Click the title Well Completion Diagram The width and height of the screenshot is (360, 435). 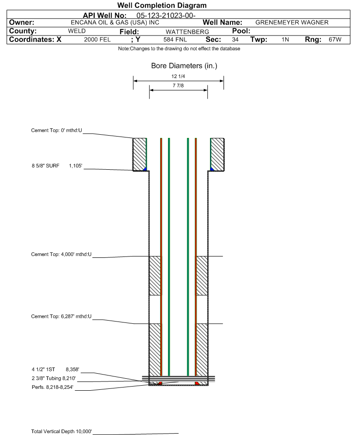pyautogui.click(x=162, y=6)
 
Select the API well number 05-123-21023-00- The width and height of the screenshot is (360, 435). pyautogui.click(x=162, y=15)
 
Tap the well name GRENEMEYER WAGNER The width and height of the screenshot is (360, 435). pyautogui.click(x=292, y=23)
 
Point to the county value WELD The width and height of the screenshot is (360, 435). pyautogui.click(x=77, y=31)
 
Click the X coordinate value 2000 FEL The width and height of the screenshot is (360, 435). pyautogui.click(x=97, y=40)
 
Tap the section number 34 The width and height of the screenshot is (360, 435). pyautogui.click(x=235, y=40)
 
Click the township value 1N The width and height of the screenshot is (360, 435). pyautogui.click(x=285, y=40)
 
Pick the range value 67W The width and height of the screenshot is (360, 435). pyautogui.click(x=335, y=40)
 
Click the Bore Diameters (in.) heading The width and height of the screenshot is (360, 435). pyautogui.click(x=184, y=66)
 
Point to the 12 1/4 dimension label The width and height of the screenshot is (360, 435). pyautogui.click(x=178, y=77)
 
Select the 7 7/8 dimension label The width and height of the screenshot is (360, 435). pyautogui.click(x=178, y=86)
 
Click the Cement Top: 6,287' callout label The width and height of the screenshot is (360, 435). pyautogui.click(x=61, y=316)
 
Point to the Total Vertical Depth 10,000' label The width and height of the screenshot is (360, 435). pyautogui.click(x=61, y=431)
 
